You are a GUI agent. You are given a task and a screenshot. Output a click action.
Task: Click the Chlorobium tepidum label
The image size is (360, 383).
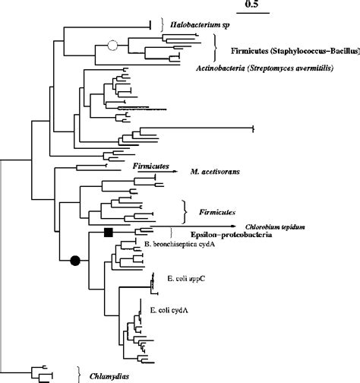pyautogui.click(x=272, y=226)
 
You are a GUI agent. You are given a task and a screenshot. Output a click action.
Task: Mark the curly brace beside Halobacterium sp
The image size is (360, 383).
pyautogui.click(x=162, y=25)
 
